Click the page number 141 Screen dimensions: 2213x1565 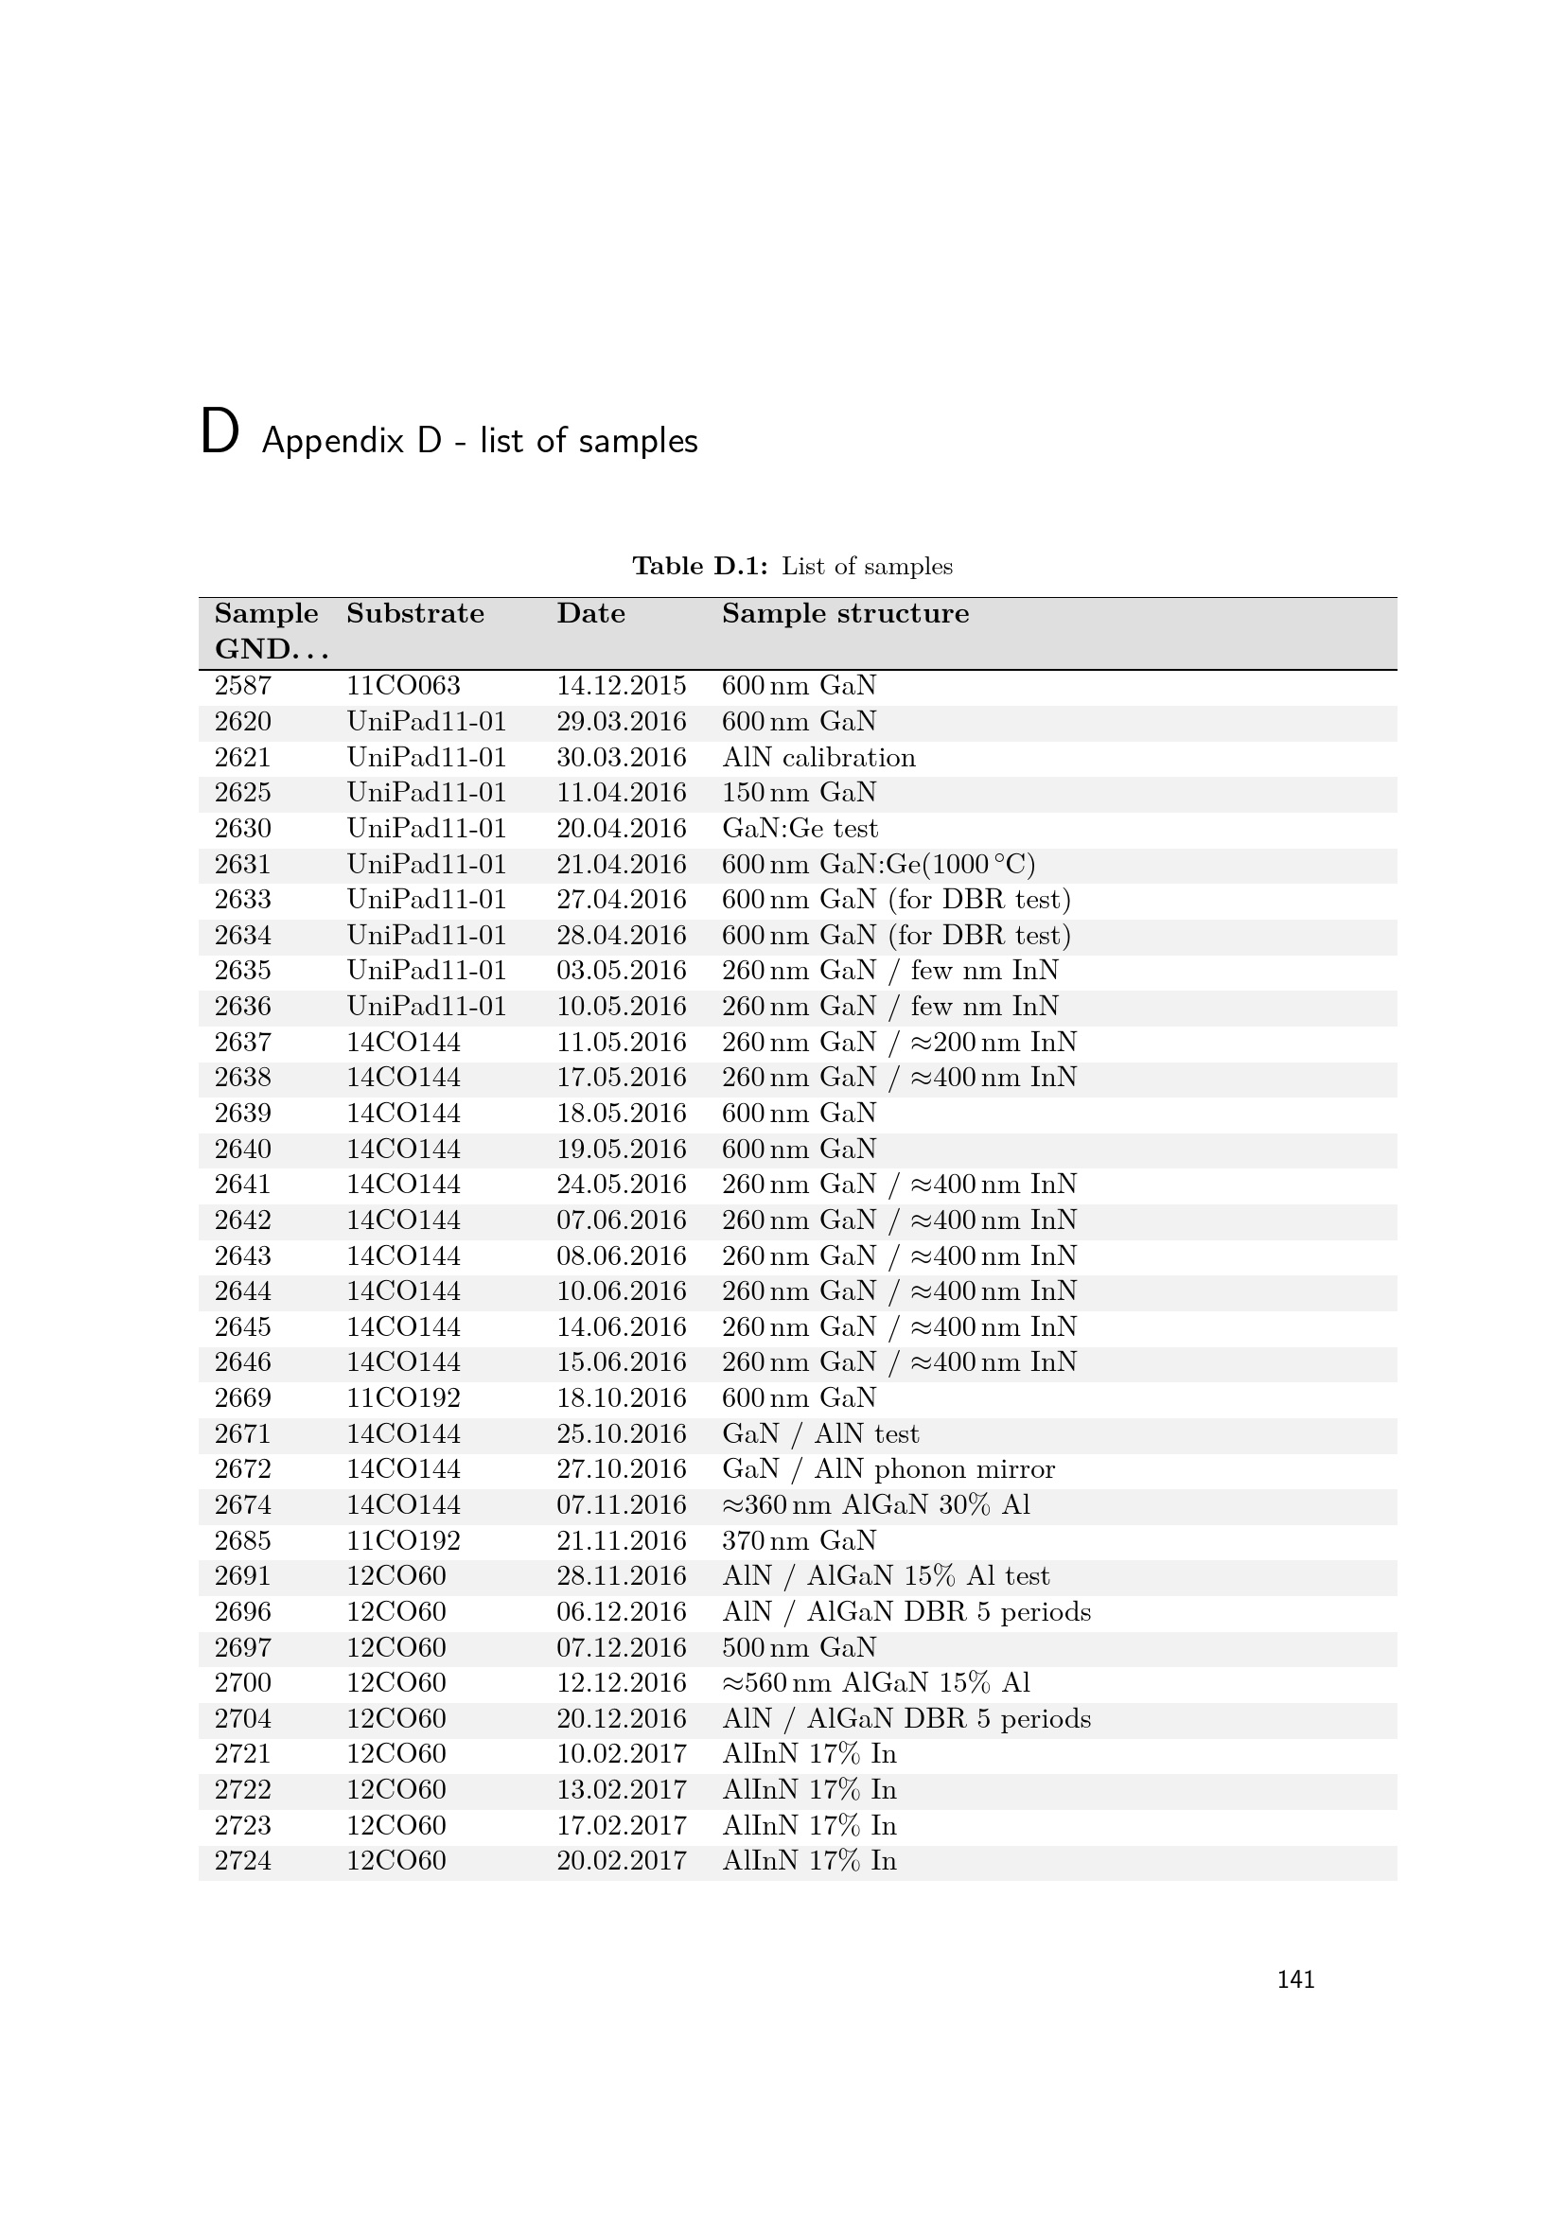(1295, 1979)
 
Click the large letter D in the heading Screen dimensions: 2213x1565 (219, 432)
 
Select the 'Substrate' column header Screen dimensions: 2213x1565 (414, 614)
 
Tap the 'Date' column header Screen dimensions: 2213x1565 (589, 614)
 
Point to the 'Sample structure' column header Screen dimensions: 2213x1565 (845, 614)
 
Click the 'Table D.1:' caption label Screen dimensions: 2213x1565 (699, 566)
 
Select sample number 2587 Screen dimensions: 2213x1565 (243, 686)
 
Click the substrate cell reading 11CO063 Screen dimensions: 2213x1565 (403, 686)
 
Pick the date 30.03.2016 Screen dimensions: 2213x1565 (621, 758)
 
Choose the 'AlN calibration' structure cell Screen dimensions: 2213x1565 (818, 758)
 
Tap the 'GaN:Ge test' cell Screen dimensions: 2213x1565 (800, 829)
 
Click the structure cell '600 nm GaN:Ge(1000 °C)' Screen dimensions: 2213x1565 (878, 865)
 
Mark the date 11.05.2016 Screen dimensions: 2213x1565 (621, 1043)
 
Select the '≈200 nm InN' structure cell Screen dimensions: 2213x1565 (899, 1043)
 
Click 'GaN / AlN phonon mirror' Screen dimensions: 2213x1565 (888, 1470)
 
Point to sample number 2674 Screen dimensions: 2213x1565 (243, 1505)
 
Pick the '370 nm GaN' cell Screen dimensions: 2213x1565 (799, 1541)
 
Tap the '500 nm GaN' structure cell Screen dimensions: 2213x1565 (799, 1648)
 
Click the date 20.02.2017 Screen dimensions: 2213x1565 (621, 1861)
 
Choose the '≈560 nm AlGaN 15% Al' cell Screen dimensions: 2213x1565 (875, 1684)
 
